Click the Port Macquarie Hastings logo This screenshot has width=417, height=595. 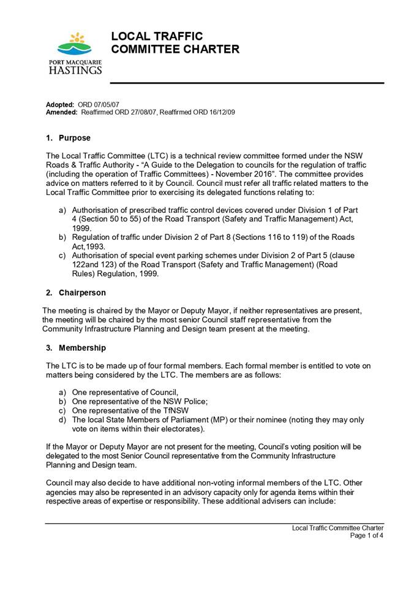pyautogui.click(x=75, y=53)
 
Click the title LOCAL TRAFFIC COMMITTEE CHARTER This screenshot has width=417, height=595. pyautogui.click(x=175, y=43)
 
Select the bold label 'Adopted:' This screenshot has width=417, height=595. pyautogui.click(x=60, y=105)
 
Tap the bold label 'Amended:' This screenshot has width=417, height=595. pyautogui.click(x=62, y=113)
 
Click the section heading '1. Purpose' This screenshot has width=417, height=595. pyautogui.click(x=69, y=138)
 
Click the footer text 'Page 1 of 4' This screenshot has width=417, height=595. pyautogui.click(x=366, y=535)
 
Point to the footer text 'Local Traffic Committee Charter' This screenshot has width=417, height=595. pyautogui.click(x=337, y=528)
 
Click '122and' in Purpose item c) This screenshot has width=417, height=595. pyautogui.click(x=85, y=264)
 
